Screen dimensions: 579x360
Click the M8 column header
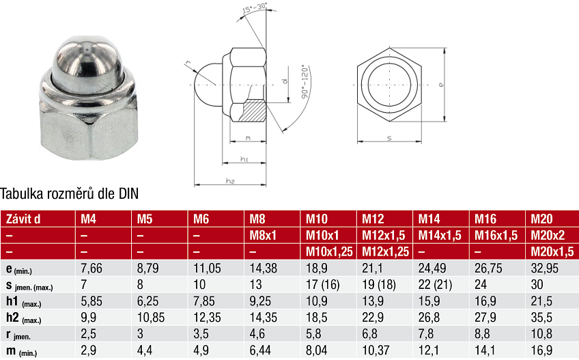[257, 219]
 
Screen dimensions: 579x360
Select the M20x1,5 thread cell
[552, 251]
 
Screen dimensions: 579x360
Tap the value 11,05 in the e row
[207, 268]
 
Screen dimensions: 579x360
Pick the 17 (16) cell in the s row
[322, 285]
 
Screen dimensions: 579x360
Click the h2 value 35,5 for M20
[541, 318]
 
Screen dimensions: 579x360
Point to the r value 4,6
[257, 334]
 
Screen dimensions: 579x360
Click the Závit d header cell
[23, 219]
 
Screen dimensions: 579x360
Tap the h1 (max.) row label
[24, 302]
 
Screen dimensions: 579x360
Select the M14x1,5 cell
[440, 236]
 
